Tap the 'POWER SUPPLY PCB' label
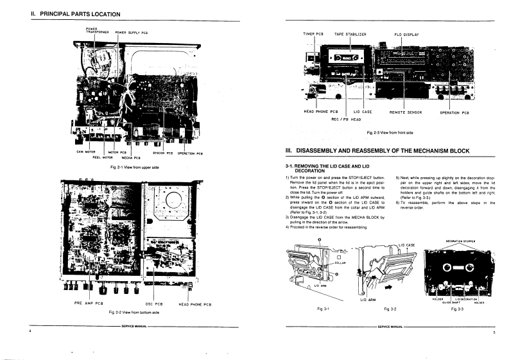click(x=132, y=32)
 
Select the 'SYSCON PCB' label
click(x=163, y=153)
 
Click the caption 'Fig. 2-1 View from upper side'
click(x=134, y=167)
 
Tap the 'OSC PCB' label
click(x=155, y=303)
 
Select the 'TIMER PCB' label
click(x=313, y=33)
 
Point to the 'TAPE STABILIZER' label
click(x=350, y=33)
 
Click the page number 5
click(x=494, y=333)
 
